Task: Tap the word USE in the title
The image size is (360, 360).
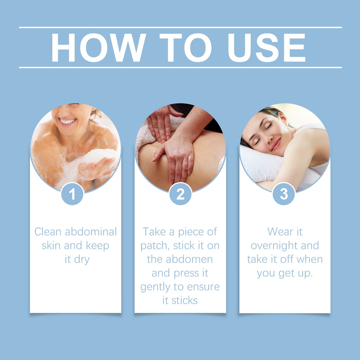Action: (266, 47)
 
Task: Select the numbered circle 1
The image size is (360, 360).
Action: (72, 194)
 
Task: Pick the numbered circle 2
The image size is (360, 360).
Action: (180, 194)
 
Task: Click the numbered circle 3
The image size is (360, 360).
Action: (284, 194)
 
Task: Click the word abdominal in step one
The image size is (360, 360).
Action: (91, 231)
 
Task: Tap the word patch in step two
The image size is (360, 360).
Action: (155, 246)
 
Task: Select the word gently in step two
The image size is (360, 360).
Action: (155, 287)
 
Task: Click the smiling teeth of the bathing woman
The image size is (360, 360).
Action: (68, 121)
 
